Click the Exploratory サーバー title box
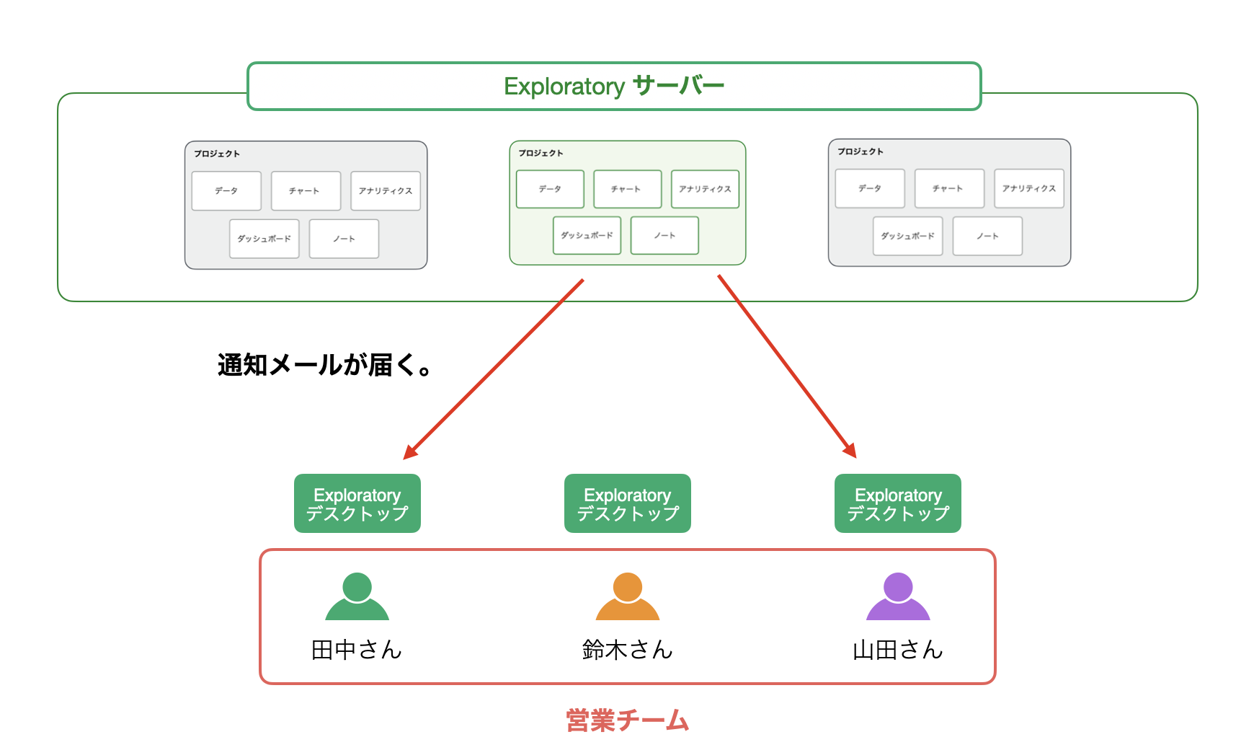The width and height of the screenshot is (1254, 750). [x=614, y=86]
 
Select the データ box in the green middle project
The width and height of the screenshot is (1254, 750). [x=550, y=189]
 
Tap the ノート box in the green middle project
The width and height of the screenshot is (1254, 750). [x=664, y=235]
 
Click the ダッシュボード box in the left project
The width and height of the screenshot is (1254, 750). [x=264, y=239]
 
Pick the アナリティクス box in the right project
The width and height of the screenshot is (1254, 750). [x=1029, y=188]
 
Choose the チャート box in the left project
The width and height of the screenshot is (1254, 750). [x=306, y=190]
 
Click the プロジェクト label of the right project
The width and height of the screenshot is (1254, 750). [x=861, y=151]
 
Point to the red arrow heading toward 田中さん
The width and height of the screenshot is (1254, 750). [x=494, y=369]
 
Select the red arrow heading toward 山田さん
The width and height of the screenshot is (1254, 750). [x=787, y=366]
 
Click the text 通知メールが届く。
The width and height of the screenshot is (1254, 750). [x=324, y=365]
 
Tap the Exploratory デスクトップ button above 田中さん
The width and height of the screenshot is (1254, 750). [x=357, y=503]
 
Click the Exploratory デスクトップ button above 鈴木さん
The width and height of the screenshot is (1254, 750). [x=628, y=503]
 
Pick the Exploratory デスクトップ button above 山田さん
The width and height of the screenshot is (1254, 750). [x=898, y=503]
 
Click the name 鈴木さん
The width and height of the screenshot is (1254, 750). [x=628, y=650]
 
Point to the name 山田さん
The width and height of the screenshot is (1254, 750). [x=898, y=650]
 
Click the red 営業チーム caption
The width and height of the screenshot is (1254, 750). [x=628, y=720]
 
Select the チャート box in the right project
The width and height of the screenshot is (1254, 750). [x=949, y=188]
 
